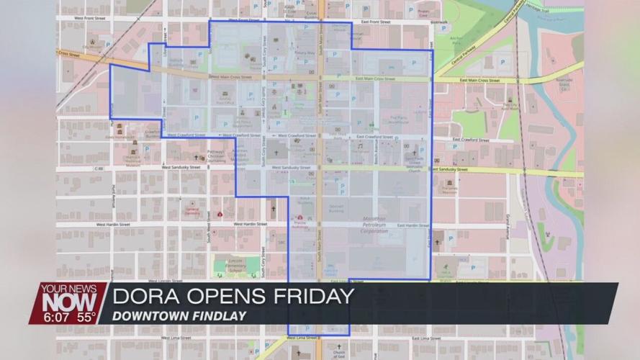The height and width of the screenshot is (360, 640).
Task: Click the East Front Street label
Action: click(375, 22)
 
